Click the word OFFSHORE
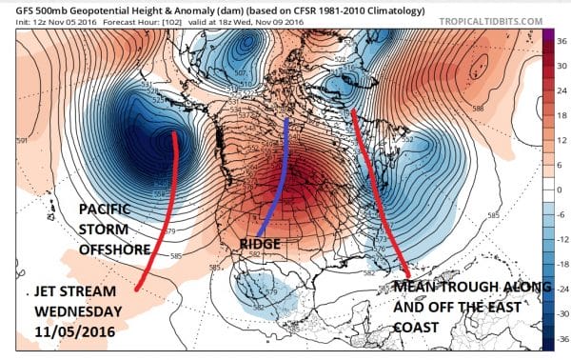pyautogui.click(x=101, y=250)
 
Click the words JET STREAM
pyautogui.click(x=65, y=290)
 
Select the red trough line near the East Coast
pyautogui.click(x=376, y=190)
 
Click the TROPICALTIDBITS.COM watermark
pyautogui.click(x=494, y=19)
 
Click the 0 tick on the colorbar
pyautogui.click(x=560, y=190)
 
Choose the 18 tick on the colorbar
pyautogui.click(x=561, y=115)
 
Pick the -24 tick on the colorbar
pyautogui.click(x=561, y=288)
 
